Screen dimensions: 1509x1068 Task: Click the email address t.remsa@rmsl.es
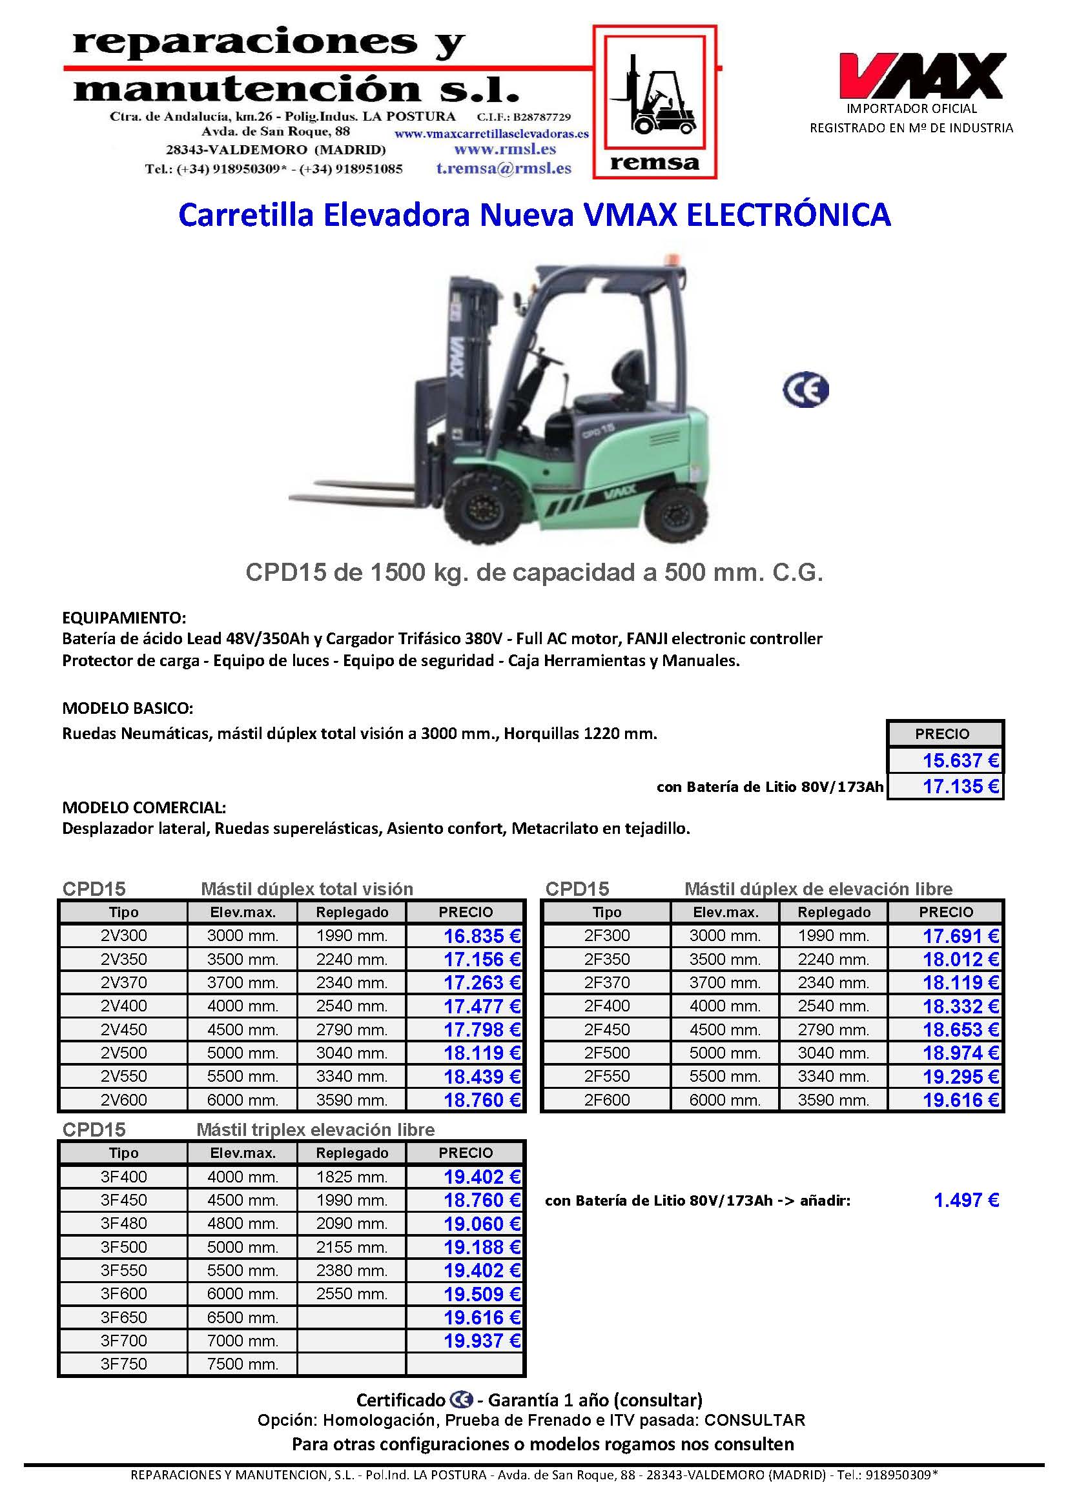[x=504, y=168]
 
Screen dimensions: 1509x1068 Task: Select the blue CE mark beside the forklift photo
[x=805, y=390]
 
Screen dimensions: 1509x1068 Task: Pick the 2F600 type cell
[x=606, y=1100]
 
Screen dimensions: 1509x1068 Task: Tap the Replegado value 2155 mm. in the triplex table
[x=351, y=1247]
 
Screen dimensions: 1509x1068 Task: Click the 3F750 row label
[x=123, y=1364]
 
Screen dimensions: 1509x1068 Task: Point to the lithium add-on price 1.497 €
[x=965, y=1200]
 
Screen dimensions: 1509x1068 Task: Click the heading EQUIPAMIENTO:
[x=124, y=618]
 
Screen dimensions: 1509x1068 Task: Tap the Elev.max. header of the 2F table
[x=724, y=912]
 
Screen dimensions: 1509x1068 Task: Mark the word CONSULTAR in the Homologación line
[x=754, y=1421]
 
